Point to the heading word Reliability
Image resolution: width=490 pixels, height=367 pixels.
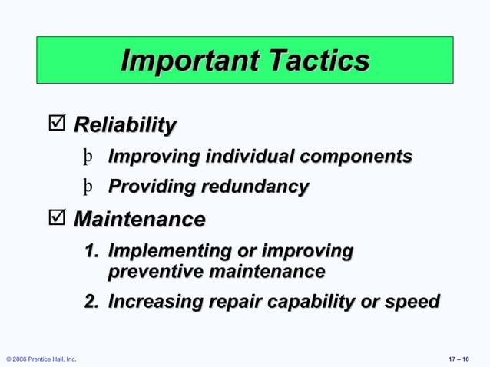click(x=124, y=125)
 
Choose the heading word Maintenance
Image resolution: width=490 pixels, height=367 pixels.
click(x=139, y=220)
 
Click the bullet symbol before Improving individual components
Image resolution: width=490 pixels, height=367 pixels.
click(x=89, y=157)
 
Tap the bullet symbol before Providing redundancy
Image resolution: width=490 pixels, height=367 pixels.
click(x=89, y=187)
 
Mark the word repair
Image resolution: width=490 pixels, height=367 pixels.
click(x=230, y=302)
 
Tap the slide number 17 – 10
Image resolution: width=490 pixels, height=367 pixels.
click(x=460, y=359)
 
